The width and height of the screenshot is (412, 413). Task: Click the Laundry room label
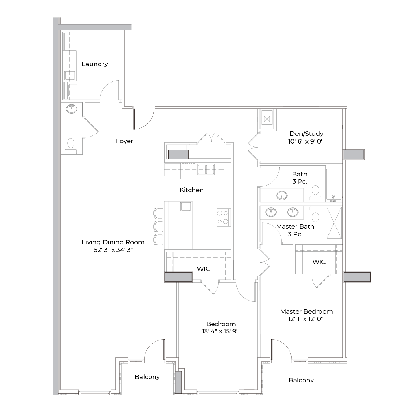click(95, 64)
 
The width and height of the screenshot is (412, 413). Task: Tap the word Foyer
click(124, 141)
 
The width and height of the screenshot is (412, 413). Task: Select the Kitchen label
click(191, 190)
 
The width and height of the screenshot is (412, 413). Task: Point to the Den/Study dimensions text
click(306, 141)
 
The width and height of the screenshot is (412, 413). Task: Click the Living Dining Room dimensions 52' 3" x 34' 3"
click(113, 250)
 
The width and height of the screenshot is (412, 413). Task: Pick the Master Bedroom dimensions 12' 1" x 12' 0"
click(306, 319)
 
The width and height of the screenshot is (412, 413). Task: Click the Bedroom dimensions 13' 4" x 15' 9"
click(220, 331)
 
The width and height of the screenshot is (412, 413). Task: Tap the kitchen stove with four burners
click(223, 217)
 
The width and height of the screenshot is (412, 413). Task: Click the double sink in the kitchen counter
click(206, 169)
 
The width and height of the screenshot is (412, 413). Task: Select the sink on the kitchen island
click(186, 207)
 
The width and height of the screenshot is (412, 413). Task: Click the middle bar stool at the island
click(158, 226)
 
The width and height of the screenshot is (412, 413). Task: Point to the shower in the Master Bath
click(334, 223)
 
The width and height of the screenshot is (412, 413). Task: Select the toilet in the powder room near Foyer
click(71, 146)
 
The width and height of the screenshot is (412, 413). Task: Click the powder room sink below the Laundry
click(72, 109)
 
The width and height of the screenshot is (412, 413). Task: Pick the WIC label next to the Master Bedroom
click(319, 262)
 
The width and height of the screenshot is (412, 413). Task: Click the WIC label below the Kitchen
click(203, 269)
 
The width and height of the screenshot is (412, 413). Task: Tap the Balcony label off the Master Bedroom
click(301, 380)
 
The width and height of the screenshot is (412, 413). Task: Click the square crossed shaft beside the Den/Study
click(267, 119)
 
